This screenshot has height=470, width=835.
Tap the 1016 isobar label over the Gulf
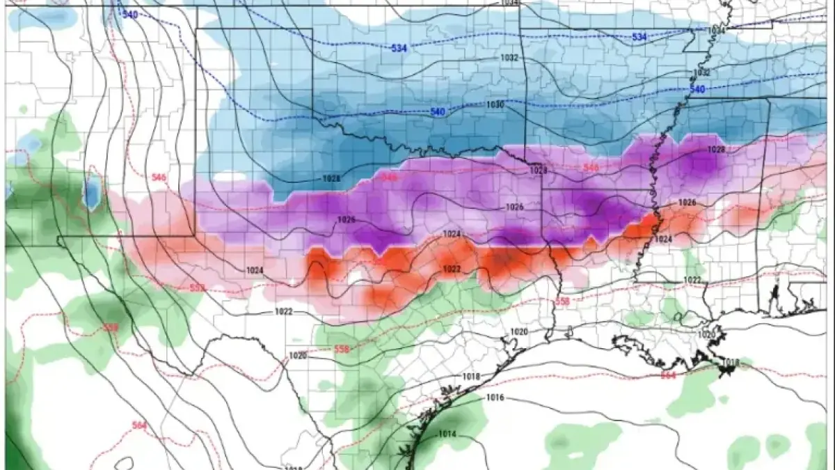pyautogui.click(x=495, y=398)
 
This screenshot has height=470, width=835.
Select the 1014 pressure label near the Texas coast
pyautogui.click(x=447, y=434)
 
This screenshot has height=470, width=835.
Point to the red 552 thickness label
pyautogui.click(x=198, y=288)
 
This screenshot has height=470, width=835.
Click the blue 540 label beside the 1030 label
pyautogui.click(x=437, y=111)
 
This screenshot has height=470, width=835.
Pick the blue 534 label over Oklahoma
pyautogui.click(x=399, y=48)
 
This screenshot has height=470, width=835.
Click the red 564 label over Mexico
pyautogui.click(x=139, y=425)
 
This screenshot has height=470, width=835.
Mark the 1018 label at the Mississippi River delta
pyautogui.click(x=729, y=362)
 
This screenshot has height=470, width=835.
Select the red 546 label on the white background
pyautogui.click(x=158, y=177)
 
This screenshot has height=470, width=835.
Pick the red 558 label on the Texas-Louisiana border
pyautogui.click(x=563, y=301)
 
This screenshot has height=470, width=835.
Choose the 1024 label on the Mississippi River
pyautogui.click(x=663, y=239)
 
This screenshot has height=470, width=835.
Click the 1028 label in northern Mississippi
pyautogui.click(x=716, y=150)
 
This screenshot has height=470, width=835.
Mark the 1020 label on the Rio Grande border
pyautogui.click(x=298, y=355)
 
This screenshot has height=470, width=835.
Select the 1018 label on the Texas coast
pyautogui.click(x=471, y=376)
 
